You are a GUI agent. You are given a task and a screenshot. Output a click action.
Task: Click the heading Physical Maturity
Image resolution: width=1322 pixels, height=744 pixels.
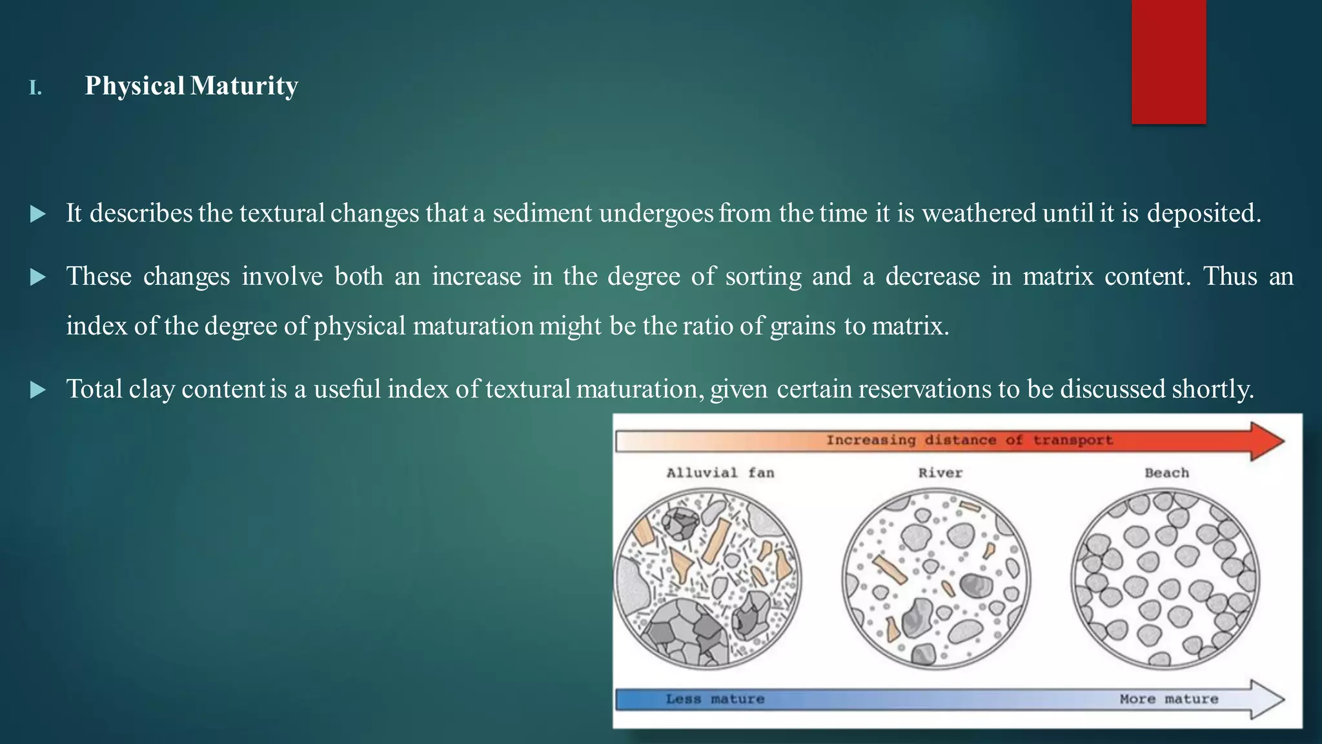point(191,86)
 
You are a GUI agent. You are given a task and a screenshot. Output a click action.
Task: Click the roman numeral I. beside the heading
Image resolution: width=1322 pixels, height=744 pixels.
point(36,88)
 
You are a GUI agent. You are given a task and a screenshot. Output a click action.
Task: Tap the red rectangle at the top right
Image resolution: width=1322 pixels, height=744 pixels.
point(1168,61)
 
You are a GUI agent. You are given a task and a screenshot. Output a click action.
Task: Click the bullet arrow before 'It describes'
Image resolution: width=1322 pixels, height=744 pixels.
point(38,214)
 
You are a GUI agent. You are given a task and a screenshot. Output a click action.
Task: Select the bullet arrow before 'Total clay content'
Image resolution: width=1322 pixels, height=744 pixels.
point(38,389)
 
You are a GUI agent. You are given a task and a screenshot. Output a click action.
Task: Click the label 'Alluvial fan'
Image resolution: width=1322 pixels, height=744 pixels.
point(720,473)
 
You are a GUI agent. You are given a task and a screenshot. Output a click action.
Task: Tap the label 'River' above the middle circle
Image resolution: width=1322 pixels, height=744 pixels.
point(940,473)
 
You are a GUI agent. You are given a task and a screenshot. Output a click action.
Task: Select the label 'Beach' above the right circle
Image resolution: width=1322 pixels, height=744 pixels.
point(1166,473)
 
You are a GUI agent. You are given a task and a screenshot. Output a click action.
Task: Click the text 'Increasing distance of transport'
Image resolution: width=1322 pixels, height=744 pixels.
point(969,440)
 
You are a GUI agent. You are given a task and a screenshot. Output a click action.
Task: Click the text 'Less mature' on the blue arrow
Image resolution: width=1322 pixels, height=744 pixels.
point(715,699)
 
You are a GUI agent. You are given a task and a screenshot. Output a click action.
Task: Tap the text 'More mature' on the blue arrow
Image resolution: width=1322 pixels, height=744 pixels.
point(1168,699)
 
